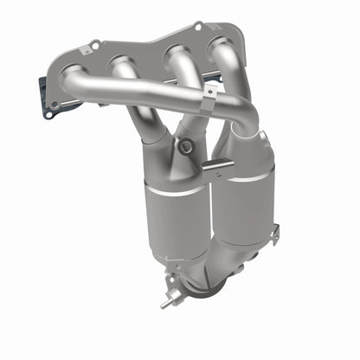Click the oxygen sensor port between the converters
[x=184, y=146]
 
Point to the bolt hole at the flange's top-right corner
[x=197, y=27]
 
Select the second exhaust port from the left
[x=119, y=63]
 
